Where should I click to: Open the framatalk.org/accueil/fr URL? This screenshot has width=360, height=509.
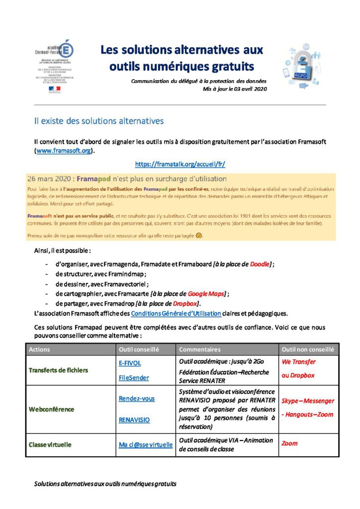[x=180, y=164]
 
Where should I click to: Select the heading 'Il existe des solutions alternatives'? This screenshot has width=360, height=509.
[x=98, y=121]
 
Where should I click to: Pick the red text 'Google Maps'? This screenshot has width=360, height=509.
[x=206, y=294]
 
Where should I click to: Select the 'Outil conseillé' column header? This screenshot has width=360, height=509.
[x=138, y=349]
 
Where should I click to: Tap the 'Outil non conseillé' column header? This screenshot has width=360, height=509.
[x=308, y=349]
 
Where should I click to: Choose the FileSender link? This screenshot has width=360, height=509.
[x=133, y=378]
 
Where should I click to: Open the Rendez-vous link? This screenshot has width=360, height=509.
[x=136, y=399]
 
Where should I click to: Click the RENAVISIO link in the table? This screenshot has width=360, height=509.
[x=134, y=420]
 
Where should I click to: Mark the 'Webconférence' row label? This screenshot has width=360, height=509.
[x=51, y=409]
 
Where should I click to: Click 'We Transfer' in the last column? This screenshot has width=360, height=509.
[x=298, y=362]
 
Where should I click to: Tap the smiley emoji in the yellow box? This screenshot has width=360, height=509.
[x=199, y=235]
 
